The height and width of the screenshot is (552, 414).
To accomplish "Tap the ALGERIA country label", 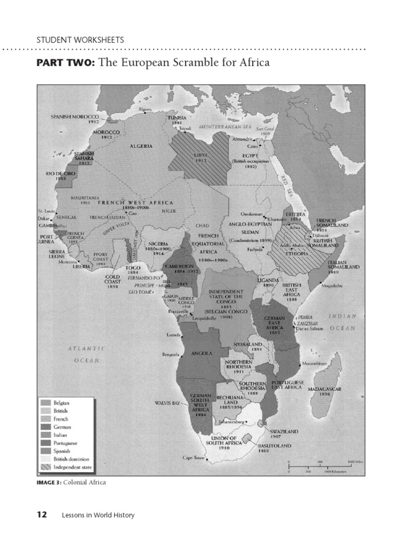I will pyautogui.click(x=141, y=146).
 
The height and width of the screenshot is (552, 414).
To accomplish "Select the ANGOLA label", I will pyautogui.click(x=201, y=354).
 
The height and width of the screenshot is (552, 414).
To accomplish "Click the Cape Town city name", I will pyautogui.click(x=194, y=458).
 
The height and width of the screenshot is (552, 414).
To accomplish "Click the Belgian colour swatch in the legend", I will pyautogui.click(x=45, y=403).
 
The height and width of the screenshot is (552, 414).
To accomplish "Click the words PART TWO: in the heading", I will pyautogui.click(x=65, y=63).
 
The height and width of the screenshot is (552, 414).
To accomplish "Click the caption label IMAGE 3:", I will pyautogui.click(x=49, y=482).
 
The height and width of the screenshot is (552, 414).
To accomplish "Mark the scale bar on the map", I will pyautogui.click(x=324, y=466).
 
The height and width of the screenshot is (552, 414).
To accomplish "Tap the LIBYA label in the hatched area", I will pyautogui.click(x=201, y=154).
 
